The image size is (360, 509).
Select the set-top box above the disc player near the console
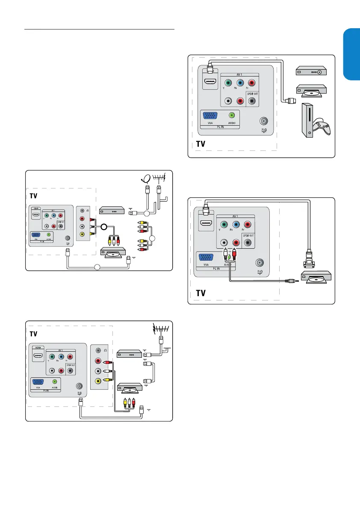pos(311,71)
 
